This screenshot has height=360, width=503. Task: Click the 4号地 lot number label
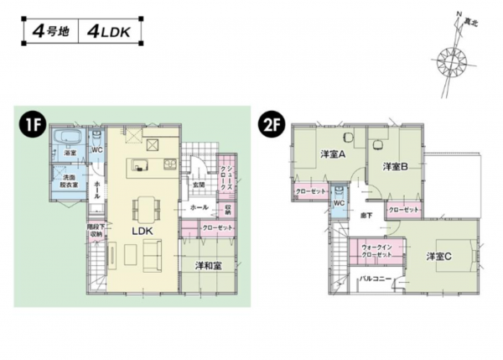[x=49, y=33]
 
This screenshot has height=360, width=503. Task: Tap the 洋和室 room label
[x=207, y=265]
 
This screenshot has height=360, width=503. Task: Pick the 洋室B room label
[x=395, y=166]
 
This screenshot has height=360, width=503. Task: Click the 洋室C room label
[x=438, y=256]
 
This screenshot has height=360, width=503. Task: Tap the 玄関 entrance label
[x=200, y=184]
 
